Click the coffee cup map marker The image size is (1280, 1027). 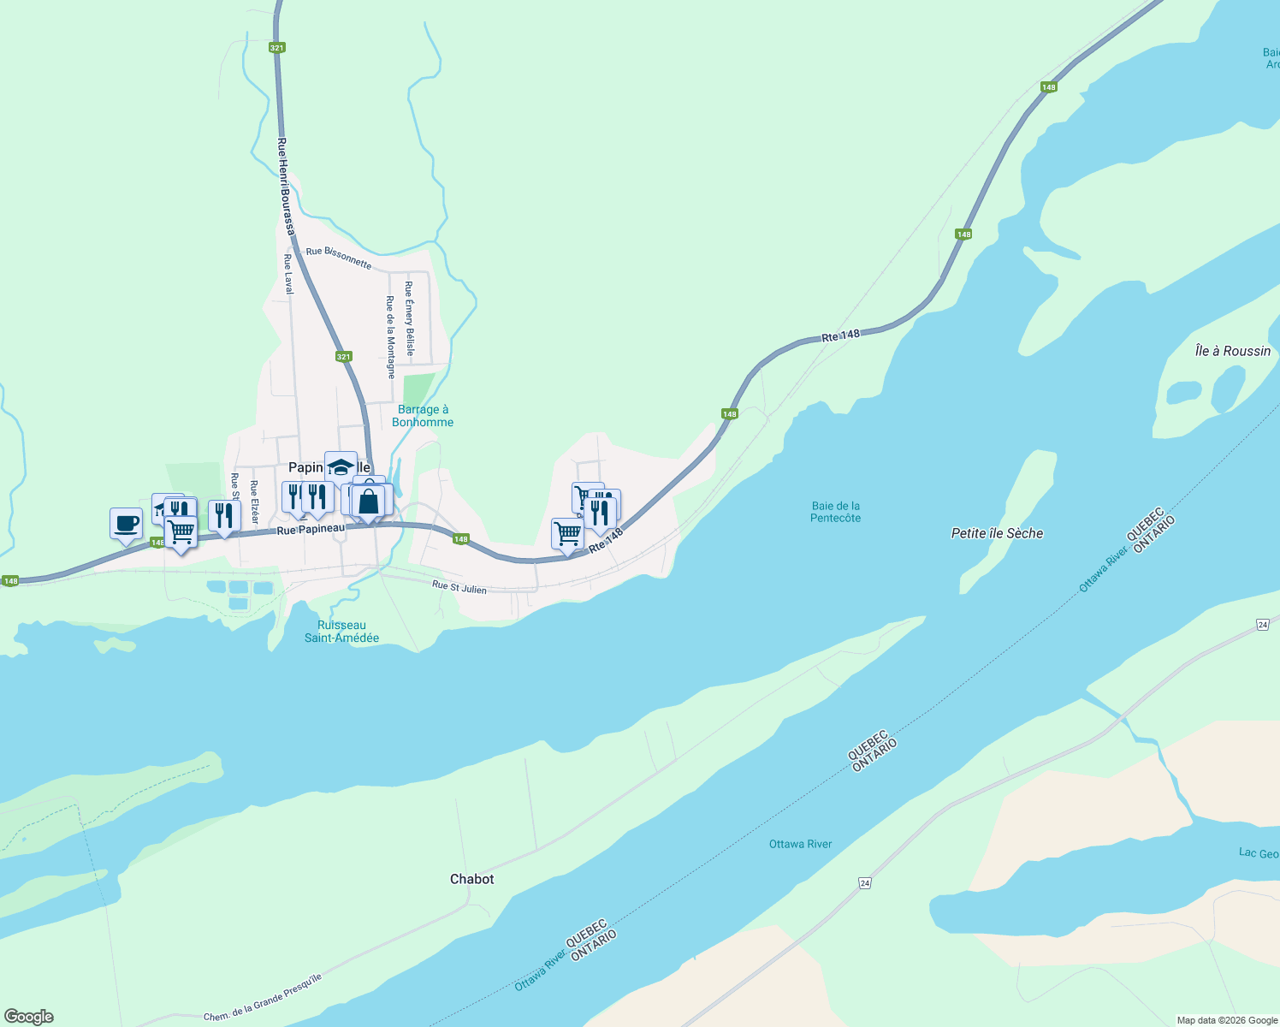coord(126,523)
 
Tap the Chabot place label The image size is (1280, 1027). coord(471,879)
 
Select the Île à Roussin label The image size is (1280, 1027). coord(1232,351)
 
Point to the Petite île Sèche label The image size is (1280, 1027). coord(997,533)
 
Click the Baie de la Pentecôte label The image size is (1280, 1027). coord(835,512)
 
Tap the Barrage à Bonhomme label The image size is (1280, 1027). coord(423,416)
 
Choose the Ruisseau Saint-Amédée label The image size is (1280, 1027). coord(341,632)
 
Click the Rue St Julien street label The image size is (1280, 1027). coord(459,588)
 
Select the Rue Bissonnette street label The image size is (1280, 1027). coord(339,258)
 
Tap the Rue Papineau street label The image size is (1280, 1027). coord(311,529)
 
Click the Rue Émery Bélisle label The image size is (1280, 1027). coord(410,318)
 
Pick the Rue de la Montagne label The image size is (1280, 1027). coord(390,337)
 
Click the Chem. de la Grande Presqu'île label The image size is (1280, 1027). coord(263,999)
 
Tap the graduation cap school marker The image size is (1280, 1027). coord(341,467)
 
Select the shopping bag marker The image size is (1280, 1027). coord(369,502)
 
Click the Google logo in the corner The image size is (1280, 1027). coord(28,1017)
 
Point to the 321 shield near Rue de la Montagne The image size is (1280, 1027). coord(343,356)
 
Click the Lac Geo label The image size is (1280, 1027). coord(1259,853)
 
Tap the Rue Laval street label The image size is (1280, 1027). coord(288,274)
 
